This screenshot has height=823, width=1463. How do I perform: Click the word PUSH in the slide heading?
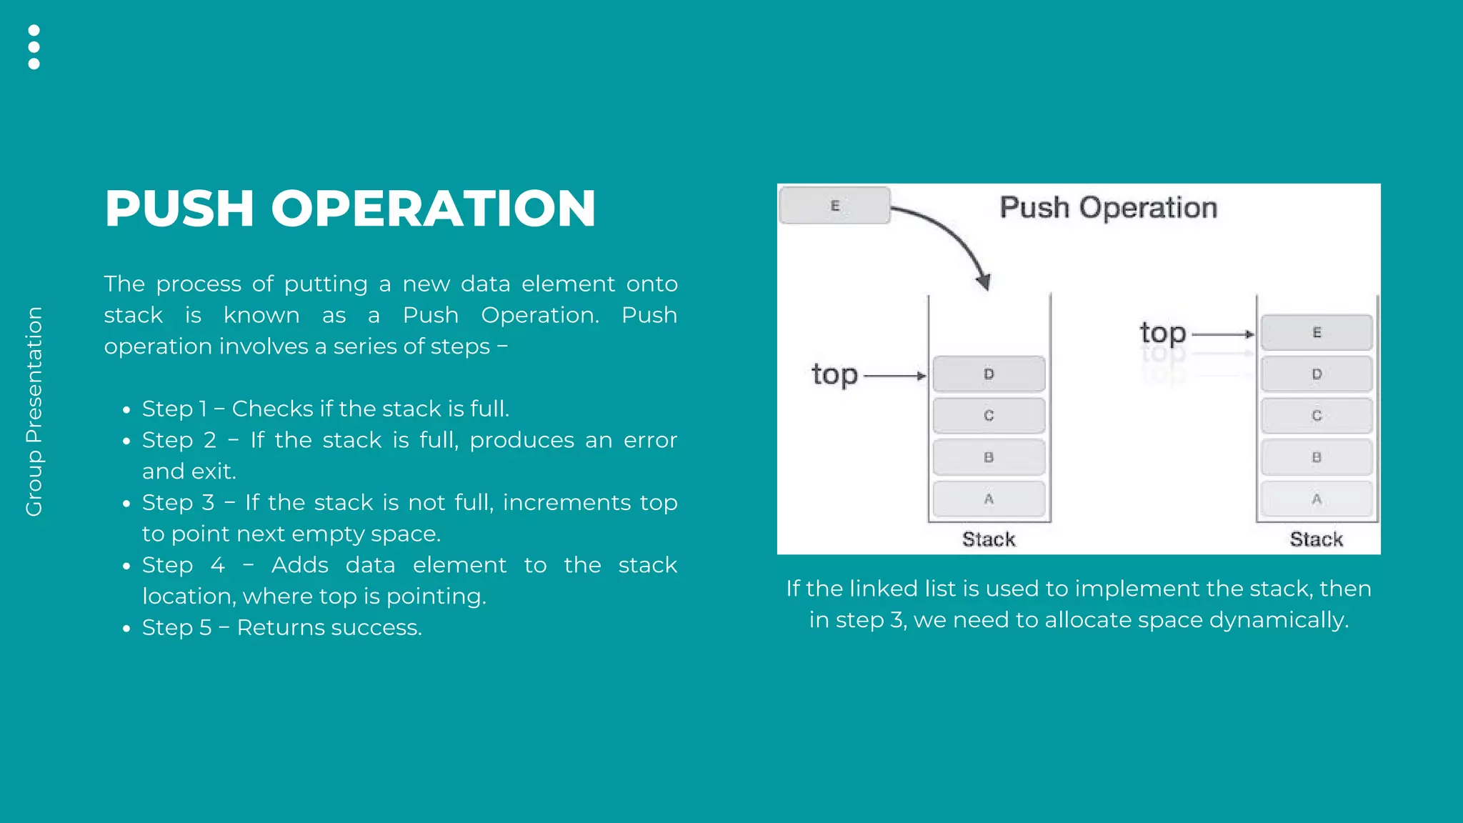(x=179, y=209)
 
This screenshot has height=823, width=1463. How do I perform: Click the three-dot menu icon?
(x=34, y=47)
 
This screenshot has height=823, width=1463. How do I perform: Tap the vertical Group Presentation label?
(x=34, y=411)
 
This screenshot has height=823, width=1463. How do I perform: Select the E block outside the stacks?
(x=834, y=206)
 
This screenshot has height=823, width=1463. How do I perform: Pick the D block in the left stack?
(x=989, y=374)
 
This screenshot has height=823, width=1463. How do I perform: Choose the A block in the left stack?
(x=989, y=499)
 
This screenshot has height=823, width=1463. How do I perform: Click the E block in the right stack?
(x=1317, y=333)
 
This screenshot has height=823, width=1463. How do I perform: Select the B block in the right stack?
(x=1317, y=457)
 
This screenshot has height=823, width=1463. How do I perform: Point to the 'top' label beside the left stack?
(x=834, y=374)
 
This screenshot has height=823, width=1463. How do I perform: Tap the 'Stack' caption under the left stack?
(x=989, y=539)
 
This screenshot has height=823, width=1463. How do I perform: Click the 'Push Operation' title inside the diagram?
(x=1108, y=208)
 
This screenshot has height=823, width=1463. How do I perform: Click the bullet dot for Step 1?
(x=126, y=411)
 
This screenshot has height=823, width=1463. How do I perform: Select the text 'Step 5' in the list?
(x=176, y=627)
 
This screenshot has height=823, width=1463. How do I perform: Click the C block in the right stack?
(x=1317, y=416)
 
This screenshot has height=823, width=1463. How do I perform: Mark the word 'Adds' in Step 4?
(x=299, y=565)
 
